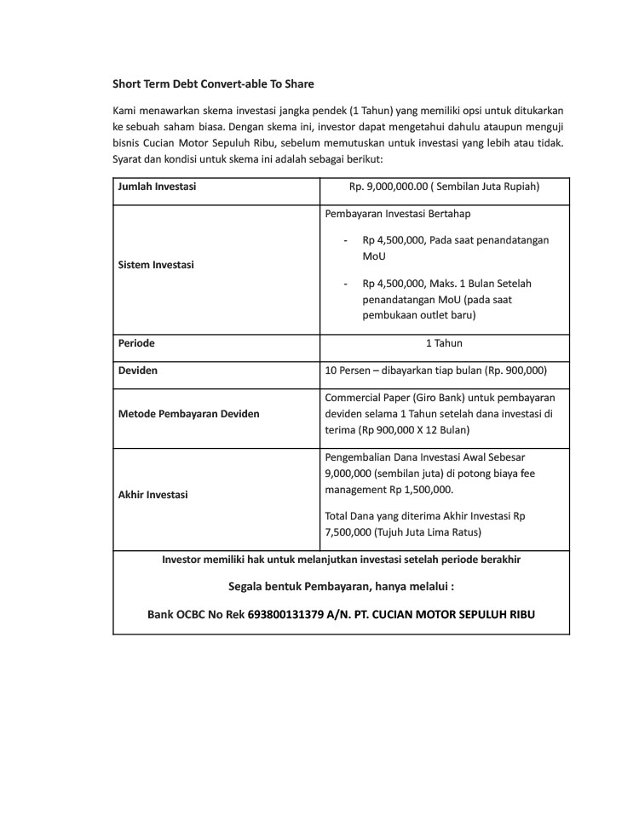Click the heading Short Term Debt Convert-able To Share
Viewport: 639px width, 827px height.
coord(213,83)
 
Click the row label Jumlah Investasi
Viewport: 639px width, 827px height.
coord(156,186)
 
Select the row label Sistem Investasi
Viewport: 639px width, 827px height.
coord(156,265)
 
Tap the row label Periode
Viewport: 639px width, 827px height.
coord(136,343)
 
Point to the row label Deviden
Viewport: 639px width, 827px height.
coord(137,370)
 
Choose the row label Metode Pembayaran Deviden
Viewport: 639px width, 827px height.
coord(188,413)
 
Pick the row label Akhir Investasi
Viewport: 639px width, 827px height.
coord(153,494)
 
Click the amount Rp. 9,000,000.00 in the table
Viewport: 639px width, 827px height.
coord(388,186)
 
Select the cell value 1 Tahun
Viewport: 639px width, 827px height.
coord(444,343)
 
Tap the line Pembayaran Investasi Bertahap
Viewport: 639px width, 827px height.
coord(398,213)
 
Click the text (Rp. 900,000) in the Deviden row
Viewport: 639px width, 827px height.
coord(514,370)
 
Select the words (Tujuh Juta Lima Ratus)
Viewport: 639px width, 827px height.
coord(403,532)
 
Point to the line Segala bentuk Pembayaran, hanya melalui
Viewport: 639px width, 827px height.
coord(341,587)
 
